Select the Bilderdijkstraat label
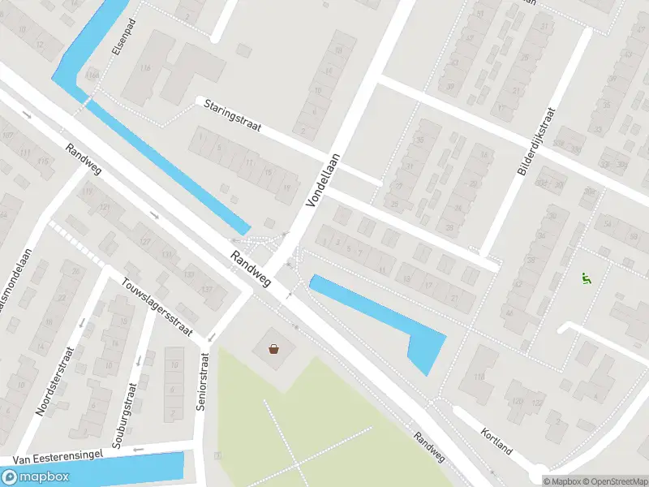[536, 141]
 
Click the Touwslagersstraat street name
[156, 307]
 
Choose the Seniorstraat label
[204, 381]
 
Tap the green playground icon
[585, 278]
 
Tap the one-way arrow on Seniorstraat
[211, 338]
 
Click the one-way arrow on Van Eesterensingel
[140, 448]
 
